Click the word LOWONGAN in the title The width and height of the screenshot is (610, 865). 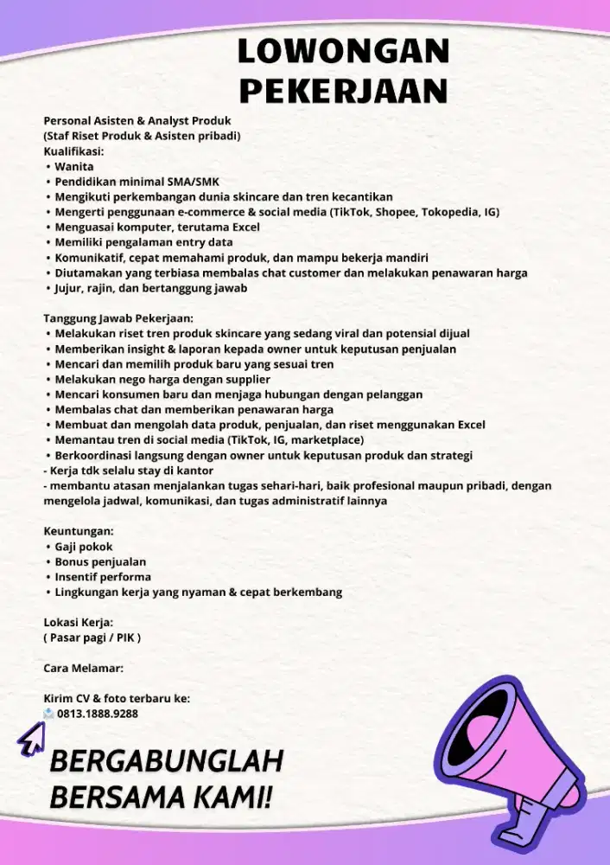(343, 52)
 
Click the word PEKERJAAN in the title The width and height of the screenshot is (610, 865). (343, 89)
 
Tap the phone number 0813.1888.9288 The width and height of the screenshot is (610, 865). (98, 714)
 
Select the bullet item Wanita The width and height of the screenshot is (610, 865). (74, 166)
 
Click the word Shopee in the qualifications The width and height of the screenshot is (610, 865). (394, 212)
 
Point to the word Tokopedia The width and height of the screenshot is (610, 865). (450, 212)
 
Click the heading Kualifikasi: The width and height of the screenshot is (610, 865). (73, 151)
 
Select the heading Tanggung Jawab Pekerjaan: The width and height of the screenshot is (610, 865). (118, 318)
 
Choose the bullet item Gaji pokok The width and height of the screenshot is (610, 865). (84, 547)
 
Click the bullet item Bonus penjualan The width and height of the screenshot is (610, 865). (100, 561)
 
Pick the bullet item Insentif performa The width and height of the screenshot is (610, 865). (103, 577)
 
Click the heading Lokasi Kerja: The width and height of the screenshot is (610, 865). (79, 622)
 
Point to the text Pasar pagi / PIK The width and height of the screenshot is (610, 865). (92, 638)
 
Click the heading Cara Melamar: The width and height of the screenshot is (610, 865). (84, 669)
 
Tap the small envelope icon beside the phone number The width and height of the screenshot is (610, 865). (49, 714)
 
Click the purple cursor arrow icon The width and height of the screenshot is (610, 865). (31, 738)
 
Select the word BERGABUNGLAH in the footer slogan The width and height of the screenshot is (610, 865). (167, 762)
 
